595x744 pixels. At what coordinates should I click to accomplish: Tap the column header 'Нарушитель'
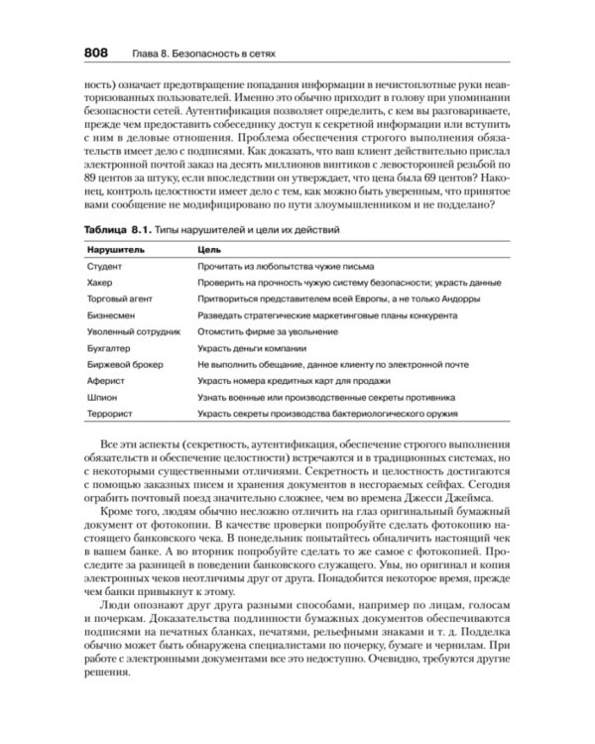click(114, 250)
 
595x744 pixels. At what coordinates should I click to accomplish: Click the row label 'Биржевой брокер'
click(125, 364)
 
